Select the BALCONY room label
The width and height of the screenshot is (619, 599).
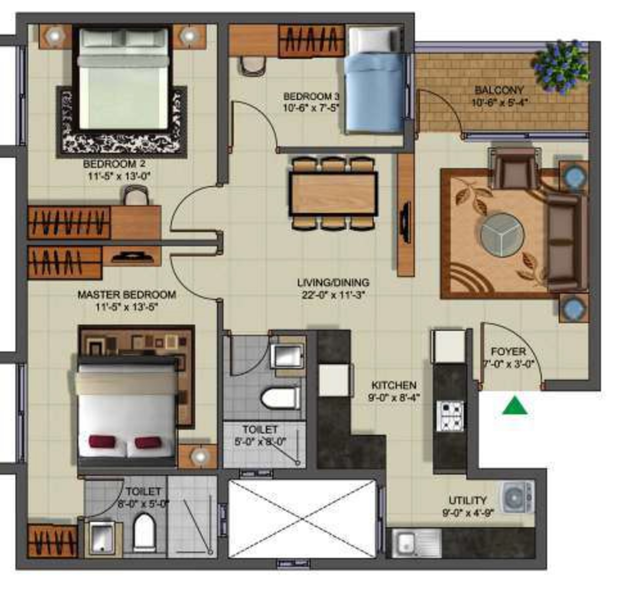click(499, 90)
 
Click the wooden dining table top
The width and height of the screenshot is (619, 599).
click(333, 194)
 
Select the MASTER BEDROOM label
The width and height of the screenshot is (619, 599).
click(127, 295)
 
